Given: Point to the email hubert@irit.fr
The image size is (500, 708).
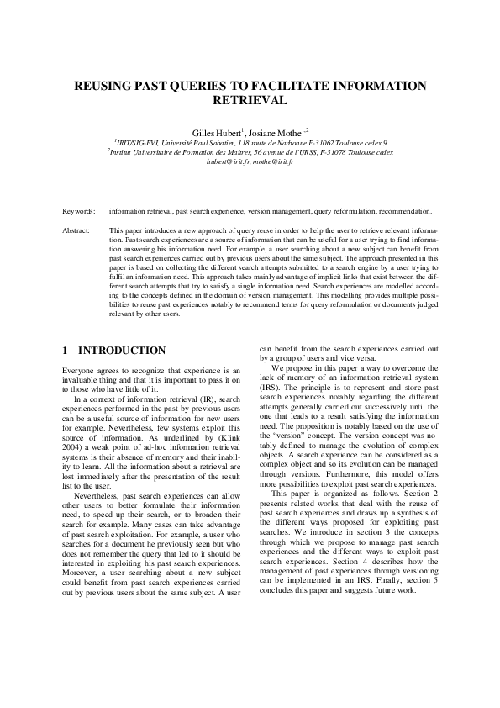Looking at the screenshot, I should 229,161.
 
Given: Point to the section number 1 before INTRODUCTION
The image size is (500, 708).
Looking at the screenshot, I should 66,350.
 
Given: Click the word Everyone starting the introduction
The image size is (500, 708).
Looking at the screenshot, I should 80,371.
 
